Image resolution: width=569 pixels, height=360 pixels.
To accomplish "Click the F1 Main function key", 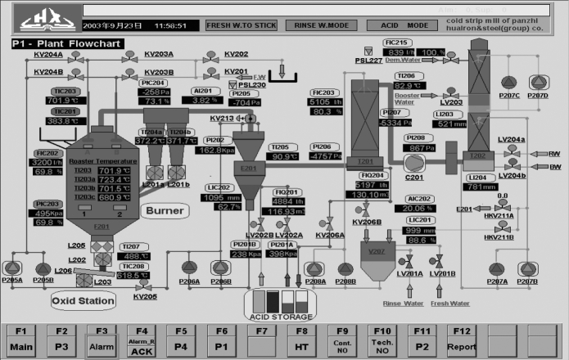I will tap(21, 339).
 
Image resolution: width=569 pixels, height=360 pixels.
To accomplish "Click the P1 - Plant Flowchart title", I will tap(67, 43).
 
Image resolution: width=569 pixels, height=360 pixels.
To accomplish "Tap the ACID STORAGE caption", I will tap(282, 317).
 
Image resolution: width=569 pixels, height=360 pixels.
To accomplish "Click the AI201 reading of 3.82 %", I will tap(206, 101).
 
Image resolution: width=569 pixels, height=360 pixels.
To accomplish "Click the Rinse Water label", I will tap(403, 303).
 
